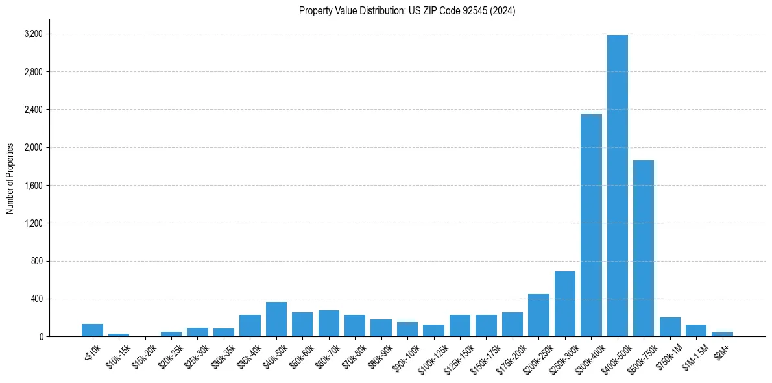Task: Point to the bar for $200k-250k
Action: coord(538,315)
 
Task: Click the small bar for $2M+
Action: coord(722,334)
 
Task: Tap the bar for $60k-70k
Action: coord(329,323)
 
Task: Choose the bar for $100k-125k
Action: coord(433,330)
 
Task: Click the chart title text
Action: coord(407,11)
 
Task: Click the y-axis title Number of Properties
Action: coord(10,179)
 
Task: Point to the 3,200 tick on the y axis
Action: coord(33,34)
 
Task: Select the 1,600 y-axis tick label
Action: coord(33,186)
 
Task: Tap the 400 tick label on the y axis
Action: coord(36,299)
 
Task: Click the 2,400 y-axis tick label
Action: coord(33,110)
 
